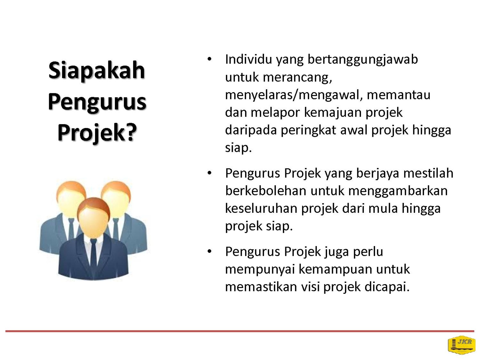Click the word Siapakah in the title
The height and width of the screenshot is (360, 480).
click(97, 70)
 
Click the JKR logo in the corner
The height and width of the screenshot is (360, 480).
click(461, 345)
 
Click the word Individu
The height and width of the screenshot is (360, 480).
click(248, 59)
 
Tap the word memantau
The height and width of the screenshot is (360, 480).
click(398, 95)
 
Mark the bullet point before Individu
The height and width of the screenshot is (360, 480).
click(209, 59)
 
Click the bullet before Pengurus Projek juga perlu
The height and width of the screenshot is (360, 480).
click(209, 252)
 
